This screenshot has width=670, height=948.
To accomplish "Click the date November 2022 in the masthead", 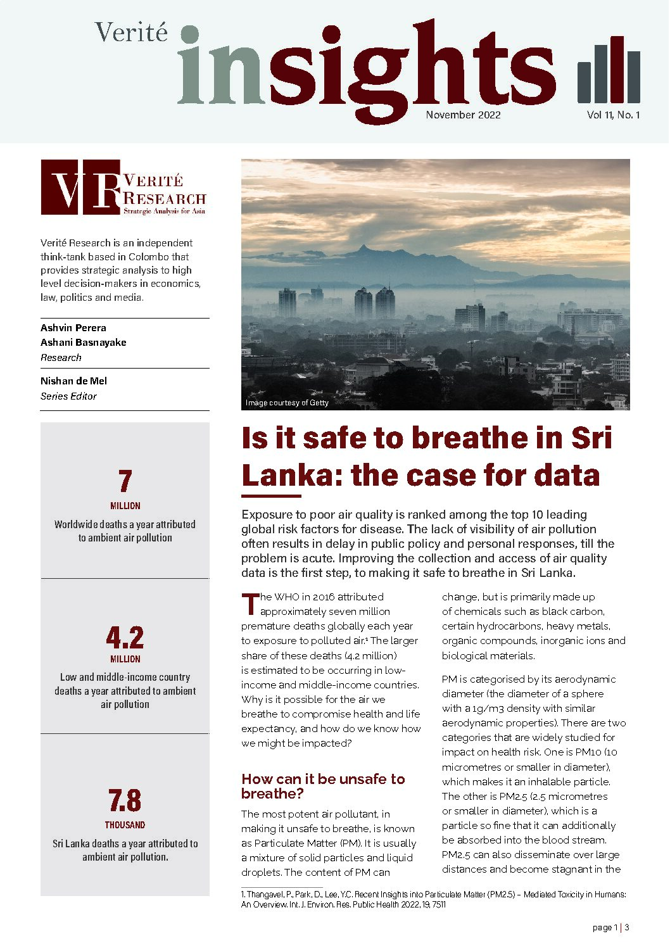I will tap(463, 115).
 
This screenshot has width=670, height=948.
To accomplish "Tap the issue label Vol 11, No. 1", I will tap(613, 115).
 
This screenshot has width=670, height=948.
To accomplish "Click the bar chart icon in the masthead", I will tap(609, 70).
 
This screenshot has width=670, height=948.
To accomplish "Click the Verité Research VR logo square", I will tap(80, 187).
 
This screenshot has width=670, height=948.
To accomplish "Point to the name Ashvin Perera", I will tap(73, 328).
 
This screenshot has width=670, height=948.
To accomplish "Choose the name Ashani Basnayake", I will tap(83, 343).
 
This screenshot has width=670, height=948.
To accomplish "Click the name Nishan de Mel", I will tap(73, 381).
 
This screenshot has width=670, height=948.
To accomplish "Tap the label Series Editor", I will tap(68, 396).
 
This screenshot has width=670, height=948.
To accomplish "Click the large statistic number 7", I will tap(125, 481).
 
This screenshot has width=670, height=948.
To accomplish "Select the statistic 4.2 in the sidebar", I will tap(125, 638).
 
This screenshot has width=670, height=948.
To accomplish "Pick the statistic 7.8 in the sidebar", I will tap(125, 801).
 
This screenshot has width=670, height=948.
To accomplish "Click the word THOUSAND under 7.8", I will tap(125, 825).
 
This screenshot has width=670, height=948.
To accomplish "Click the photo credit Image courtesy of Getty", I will tap(287, 403).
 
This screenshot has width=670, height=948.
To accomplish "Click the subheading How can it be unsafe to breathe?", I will tap(322, 786).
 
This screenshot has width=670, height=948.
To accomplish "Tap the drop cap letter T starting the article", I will tap(250, 604).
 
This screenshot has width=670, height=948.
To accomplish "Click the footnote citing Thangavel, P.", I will tap(433, 899).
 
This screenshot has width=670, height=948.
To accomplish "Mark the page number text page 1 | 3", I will tap(610, 928).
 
